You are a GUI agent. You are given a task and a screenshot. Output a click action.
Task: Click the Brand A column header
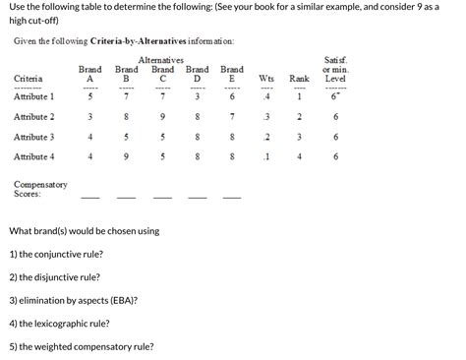[x=90, y=74]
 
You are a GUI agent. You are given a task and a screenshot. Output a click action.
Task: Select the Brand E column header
[x=232, y=74]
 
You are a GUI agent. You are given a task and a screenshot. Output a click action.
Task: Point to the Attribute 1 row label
[x=34, y=97]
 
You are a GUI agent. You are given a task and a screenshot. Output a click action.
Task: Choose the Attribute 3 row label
[x=34, y=137]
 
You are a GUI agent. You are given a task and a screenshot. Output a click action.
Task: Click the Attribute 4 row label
[x=34, y=156]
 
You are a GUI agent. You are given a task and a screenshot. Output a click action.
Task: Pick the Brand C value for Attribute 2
[x=161, y=117]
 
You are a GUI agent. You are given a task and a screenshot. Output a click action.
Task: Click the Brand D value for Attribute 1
[x=198, y=97]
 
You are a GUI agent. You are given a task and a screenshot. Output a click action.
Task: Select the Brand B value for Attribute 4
[x=126, y=156]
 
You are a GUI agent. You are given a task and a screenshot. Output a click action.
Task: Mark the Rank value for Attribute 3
[x=299, y=137]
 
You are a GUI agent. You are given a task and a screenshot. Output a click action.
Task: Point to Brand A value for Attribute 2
[x=90, y=117]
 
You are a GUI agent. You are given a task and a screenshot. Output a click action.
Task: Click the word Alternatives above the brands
[x=162, y=60]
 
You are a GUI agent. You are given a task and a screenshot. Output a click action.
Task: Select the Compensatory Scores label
[x=40, y=189]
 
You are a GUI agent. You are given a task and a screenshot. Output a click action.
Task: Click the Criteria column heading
[x=29, y=79]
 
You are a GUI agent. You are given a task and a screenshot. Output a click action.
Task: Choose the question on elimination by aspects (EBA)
[x=73, y=299]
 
